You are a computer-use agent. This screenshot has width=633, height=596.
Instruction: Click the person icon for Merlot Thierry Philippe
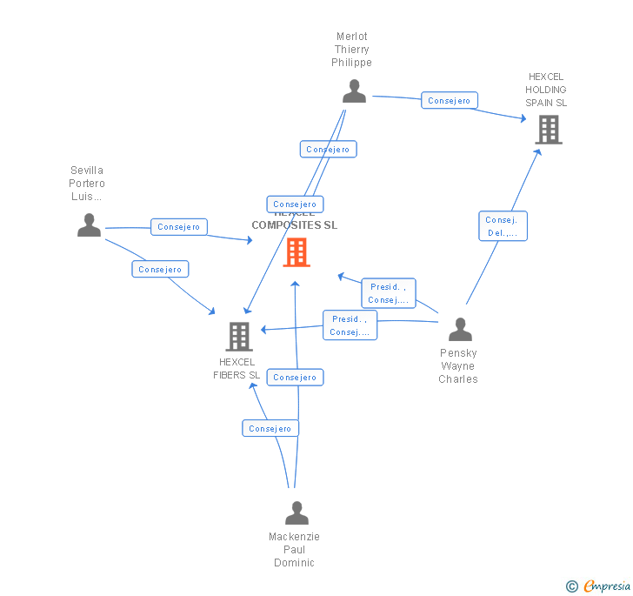(354, 90)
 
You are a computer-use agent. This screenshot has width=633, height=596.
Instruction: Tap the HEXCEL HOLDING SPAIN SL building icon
(548, 130)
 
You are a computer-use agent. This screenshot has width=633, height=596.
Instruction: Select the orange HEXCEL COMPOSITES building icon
(297, 251)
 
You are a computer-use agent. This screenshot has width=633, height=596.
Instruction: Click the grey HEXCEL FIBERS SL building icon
(239, 336)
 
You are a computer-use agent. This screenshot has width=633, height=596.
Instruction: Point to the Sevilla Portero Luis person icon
(89, 224)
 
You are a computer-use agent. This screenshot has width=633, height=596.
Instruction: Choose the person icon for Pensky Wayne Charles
(460, 329)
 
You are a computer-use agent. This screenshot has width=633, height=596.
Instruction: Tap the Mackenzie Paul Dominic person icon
(297, 512)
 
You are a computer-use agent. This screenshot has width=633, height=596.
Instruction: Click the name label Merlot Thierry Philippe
(352, 50)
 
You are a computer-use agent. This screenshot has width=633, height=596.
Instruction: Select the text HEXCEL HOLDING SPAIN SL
(546, 90)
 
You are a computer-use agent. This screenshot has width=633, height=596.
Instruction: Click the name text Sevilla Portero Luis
(87, 184)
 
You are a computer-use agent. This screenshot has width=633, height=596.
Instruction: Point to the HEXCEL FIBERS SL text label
(237, 369)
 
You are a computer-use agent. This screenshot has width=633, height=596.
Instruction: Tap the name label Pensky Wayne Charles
(458, 366)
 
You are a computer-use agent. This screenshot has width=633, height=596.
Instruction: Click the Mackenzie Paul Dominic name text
(294, 550)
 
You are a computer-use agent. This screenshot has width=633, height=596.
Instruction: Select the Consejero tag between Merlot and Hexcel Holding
(450, 101)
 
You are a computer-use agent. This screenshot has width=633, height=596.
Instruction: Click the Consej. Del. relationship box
(503, 226)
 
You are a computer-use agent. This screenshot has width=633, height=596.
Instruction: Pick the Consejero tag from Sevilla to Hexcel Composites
(179, 227)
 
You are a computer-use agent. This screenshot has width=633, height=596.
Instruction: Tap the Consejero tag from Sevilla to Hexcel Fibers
(160, 270)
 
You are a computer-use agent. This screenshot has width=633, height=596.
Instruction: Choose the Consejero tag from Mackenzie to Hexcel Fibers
(270, 429)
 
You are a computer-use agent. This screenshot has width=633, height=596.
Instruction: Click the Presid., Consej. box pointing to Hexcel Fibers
(350, 325)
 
